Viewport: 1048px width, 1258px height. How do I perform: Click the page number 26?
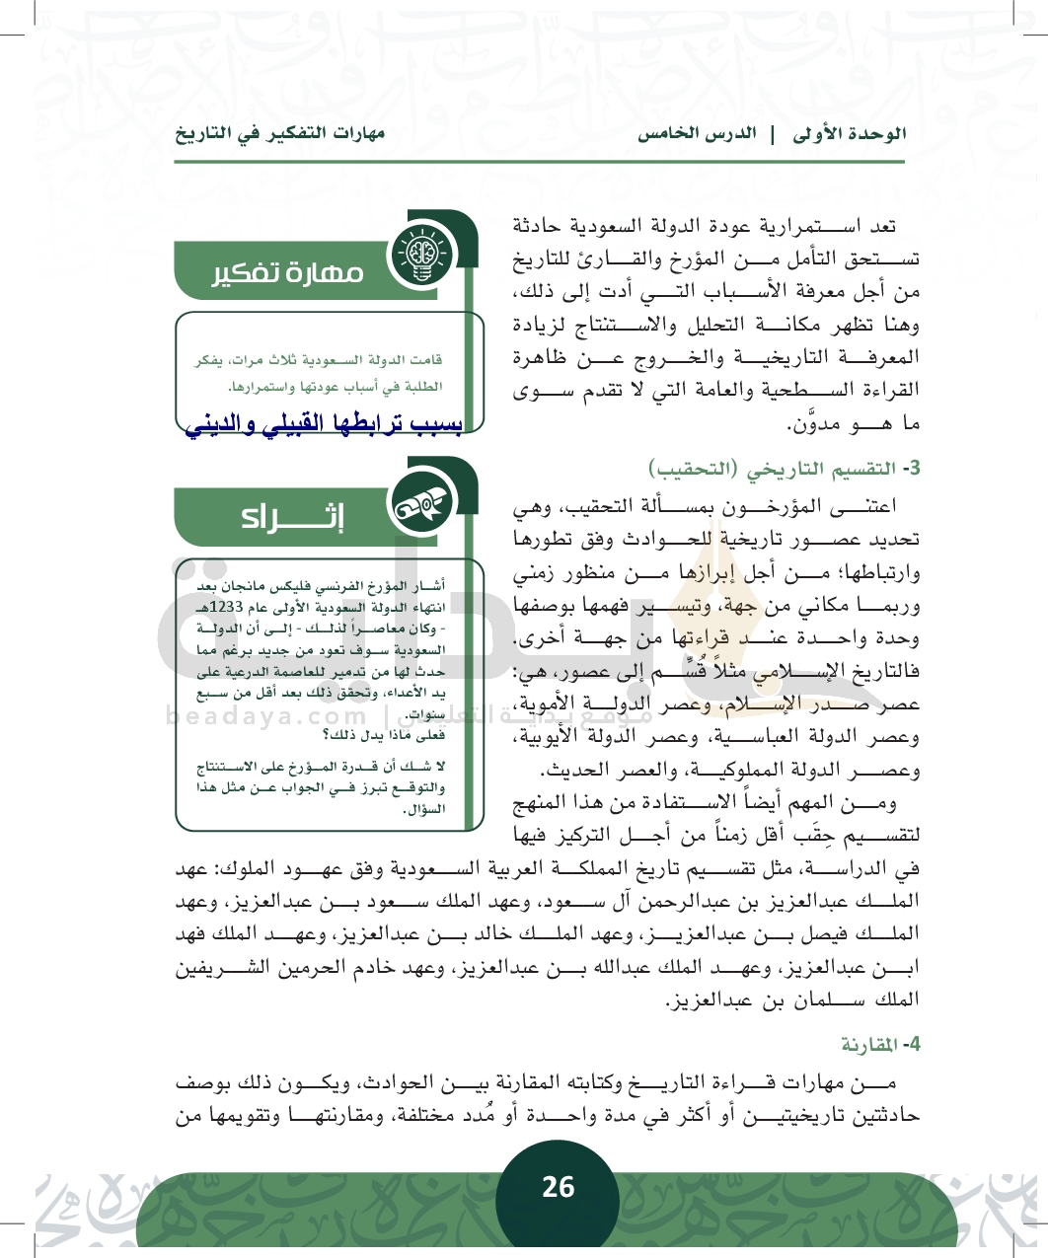point(558,1187)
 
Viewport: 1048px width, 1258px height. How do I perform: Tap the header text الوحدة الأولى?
point(850,133)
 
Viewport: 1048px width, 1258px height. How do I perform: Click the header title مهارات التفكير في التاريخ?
point(280,133)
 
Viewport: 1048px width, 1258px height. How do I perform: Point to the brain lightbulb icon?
point(419,256)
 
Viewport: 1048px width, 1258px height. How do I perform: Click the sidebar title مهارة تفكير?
point(288,272)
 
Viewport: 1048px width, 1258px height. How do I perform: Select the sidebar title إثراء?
point(293,517)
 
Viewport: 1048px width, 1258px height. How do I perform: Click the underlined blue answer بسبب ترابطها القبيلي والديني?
point(325,423)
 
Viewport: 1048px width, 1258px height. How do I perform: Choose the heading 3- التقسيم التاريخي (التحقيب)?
point(785,468)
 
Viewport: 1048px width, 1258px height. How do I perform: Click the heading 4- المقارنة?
point(880,1043)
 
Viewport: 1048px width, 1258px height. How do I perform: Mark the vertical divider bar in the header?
point(773,133)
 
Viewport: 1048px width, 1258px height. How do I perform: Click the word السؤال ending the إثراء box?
point(425,809)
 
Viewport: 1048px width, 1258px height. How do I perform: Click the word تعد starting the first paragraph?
point(877,226)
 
